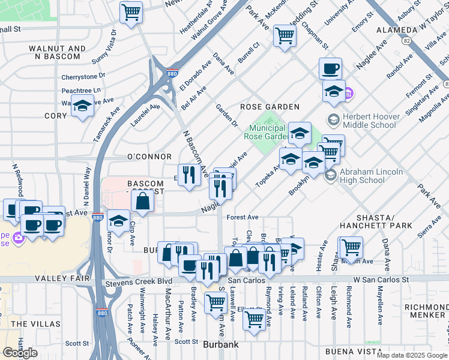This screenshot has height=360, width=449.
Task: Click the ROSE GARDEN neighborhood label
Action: click(x=270, y=107)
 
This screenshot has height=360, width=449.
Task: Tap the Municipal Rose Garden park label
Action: click(x=268, y=132)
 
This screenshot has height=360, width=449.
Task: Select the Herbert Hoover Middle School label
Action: click(x=369, y=121)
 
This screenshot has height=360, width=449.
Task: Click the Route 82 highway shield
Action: click(x=407, y=41)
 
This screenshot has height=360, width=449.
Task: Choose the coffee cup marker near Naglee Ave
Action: click(x=330, y=69)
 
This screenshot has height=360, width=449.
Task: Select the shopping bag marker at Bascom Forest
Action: click(x=143, y=203)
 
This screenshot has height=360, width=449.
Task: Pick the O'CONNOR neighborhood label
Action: click(x=142, y=157)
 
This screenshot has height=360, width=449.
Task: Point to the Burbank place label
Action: click(x=221, y=344)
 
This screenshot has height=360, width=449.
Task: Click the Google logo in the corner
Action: click(x=20, y=353)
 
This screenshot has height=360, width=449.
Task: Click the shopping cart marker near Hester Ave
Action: click(x=351, y=246)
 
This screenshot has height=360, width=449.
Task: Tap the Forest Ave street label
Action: click(x=243, y=217)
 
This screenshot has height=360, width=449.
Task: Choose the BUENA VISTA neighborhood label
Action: click(x=353, y=351)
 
